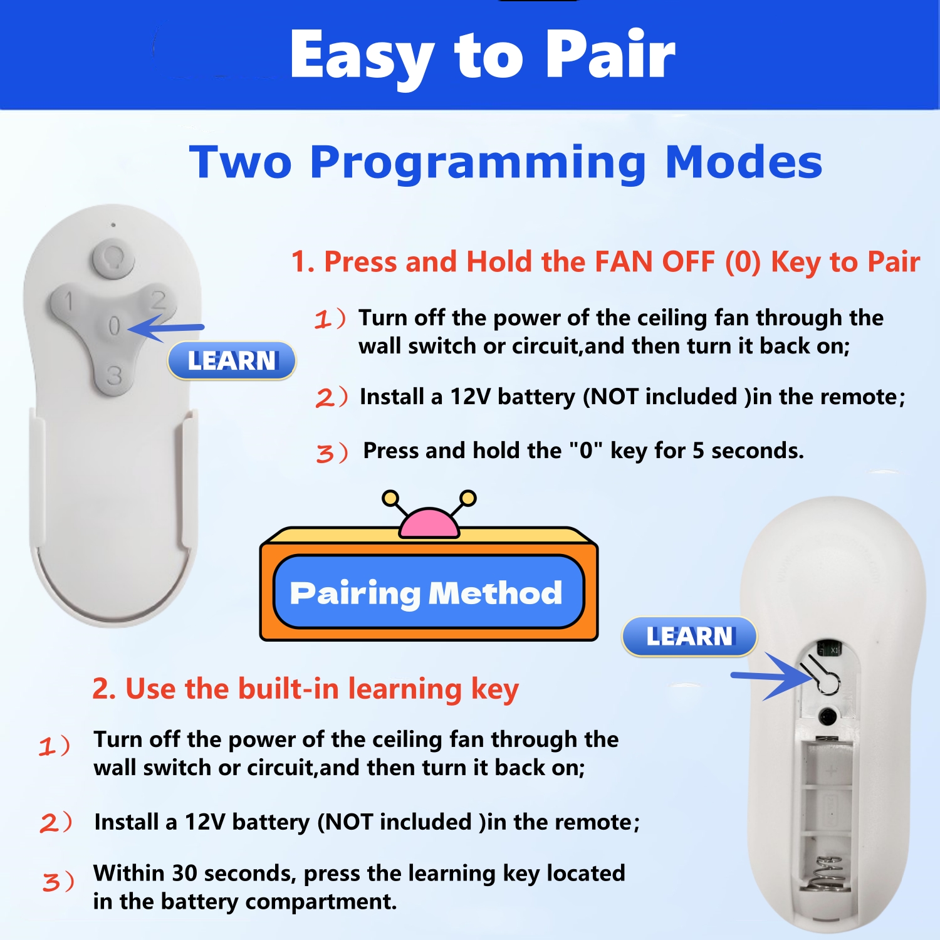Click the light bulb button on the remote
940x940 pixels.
pyautogui.click(x=113, y=258)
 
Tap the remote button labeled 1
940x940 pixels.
pyautogui.click(x=70, y=304)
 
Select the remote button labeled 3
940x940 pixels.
pyautogui.click(x=114, y=375)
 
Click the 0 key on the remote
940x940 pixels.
pyautogui.click(x=114, y=326)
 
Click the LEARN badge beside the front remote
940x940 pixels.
pyautogui.click(x=232, y=360)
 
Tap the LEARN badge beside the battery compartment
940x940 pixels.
pyautogui.click(x=689, y=637)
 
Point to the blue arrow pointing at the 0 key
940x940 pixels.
pyautogui.click(x=166, y=328)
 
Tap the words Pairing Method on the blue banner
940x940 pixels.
pyautogui.click(x=426, y=593)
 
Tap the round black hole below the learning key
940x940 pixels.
pyautogui.click(x=828, y=716)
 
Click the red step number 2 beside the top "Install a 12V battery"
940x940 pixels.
pyautogui.click(x=325, y=398)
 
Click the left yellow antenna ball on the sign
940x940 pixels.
pyautogui.click(x=390, y=498)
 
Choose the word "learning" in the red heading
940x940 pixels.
pyautogui.click(x=405, y=690)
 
